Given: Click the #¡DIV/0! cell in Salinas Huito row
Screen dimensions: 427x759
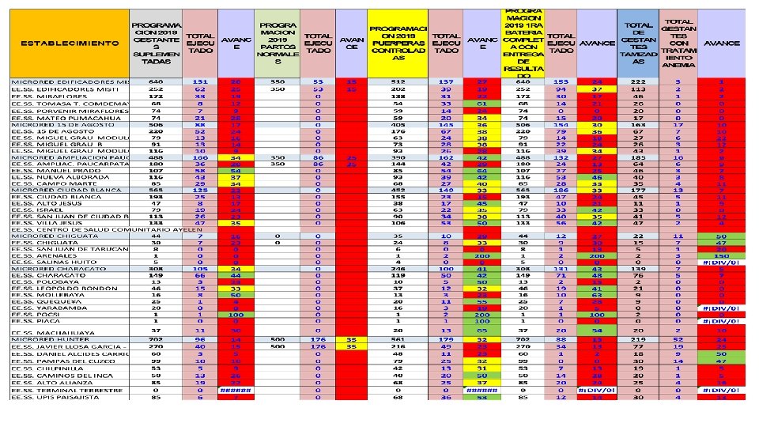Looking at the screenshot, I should tap(721, 263).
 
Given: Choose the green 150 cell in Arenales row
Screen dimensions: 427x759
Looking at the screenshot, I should tap(721, 256).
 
